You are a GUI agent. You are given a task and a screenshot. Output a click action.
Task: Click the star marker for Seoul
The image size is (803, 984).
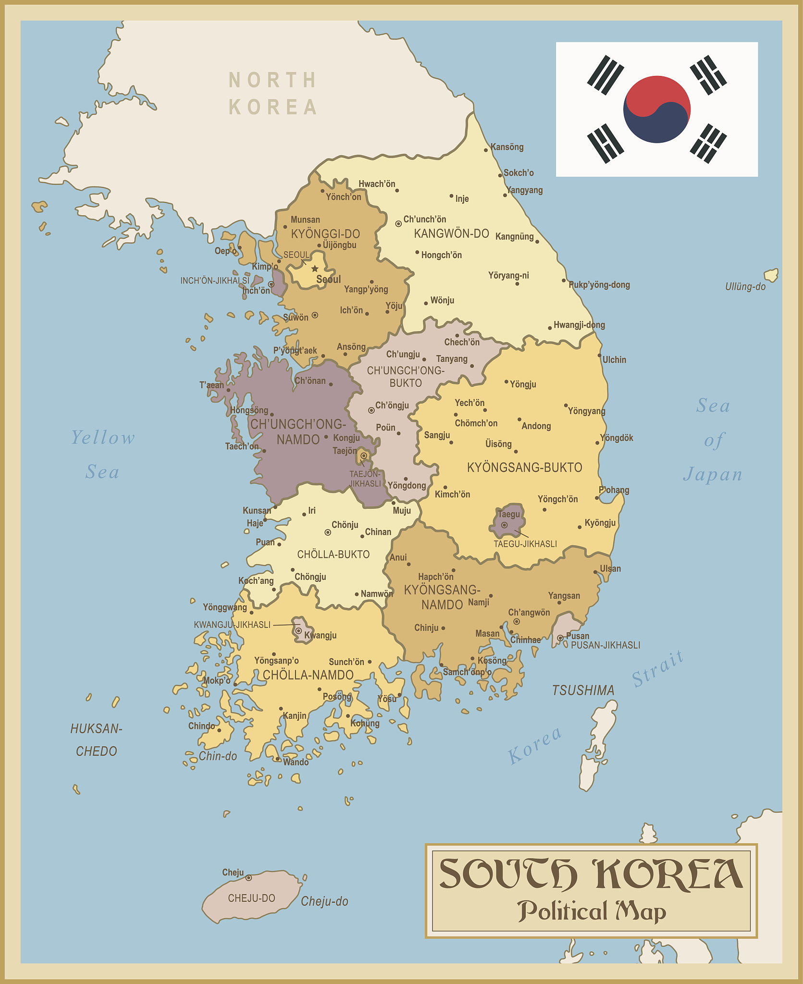click(x=315, y=269)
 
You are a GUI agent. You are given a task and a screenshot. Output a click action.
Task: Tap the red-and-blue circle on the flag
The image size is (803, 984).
click(x=656, y=110)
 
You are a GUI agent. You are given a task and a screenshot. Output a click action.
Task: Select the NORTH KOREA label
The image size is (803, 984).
click(x=273, y=94)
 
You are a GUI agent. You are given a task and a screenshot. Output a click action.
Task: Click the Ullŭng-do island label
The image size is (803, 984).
click(x=745, y=287)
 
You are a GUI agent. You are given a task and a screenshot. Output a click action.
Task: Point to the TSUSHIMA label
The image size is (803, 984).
click(x=583, y=690)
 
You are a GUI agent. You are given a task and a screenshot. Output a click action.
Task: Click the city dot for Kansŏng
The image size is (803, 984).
click(x=486, y=150)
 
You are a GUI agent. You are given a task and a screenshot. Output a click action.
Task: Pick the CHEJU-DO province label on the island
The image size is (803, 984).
click(x=251, y=898)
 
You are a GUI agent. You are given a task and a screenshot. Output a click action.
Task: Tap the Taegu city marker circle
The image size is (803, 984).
click(x=504, y=525)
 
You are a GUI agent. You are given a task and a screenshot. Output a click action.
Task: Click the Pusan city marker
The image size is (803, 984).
click(x=560, y=638)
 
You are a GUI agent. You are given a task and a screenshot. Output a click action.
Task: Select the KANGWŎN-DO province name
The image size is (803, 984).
click(x=451, y=234)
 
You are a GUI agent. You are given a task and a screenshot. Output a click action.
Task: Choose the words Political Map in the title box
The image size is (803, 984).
click(x=591, y=911)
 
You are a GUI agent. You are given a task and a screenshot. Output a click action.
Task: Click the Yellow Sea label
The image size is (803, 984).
click(x=103, y=455)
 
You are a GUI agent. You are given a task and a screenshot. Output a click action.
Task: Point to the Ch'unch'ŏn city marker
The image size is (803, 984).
click(x=398, y=223)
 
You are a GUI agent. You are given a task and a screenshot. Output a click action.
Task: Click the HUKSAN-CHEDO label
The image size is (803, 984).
click(x=96, y=740)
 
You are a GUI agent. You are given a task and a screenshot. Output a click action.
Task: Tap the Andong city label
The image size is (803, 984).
click(x=536, y=426)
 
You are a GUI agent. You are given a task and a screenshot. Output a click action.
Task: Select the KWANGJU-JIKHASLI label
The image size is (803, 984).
click(x=232, y=625)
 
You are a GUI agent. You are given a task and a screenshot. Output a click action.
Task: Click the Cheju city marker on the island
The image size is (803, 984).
click(x=248, y=878)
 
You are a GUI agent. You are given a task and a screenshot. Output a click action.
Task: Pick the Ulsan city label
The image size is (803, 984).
click(x=610, y=569)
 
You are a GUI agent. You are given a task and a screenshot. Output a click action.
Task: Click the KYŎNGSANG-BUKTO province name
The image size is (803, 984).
click(x=524, y=467)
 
